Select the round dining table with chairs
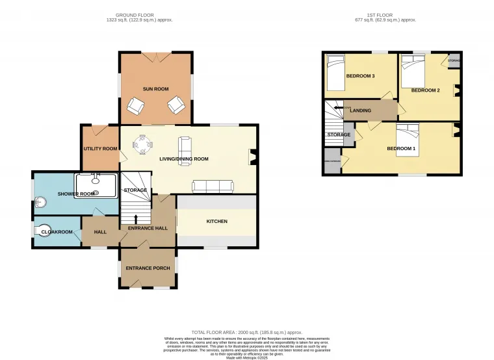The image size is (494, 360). (141, 142)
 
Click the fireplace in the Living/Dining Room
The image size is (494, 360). (252, 155)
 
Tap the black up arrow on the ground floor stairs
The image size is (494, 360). (135, 219)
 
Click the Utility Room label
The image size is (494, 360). (100, 149)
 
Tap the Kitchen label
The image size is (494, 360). (216, 222)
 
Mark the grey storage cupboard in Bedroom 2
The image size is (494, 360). (454, 60)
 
